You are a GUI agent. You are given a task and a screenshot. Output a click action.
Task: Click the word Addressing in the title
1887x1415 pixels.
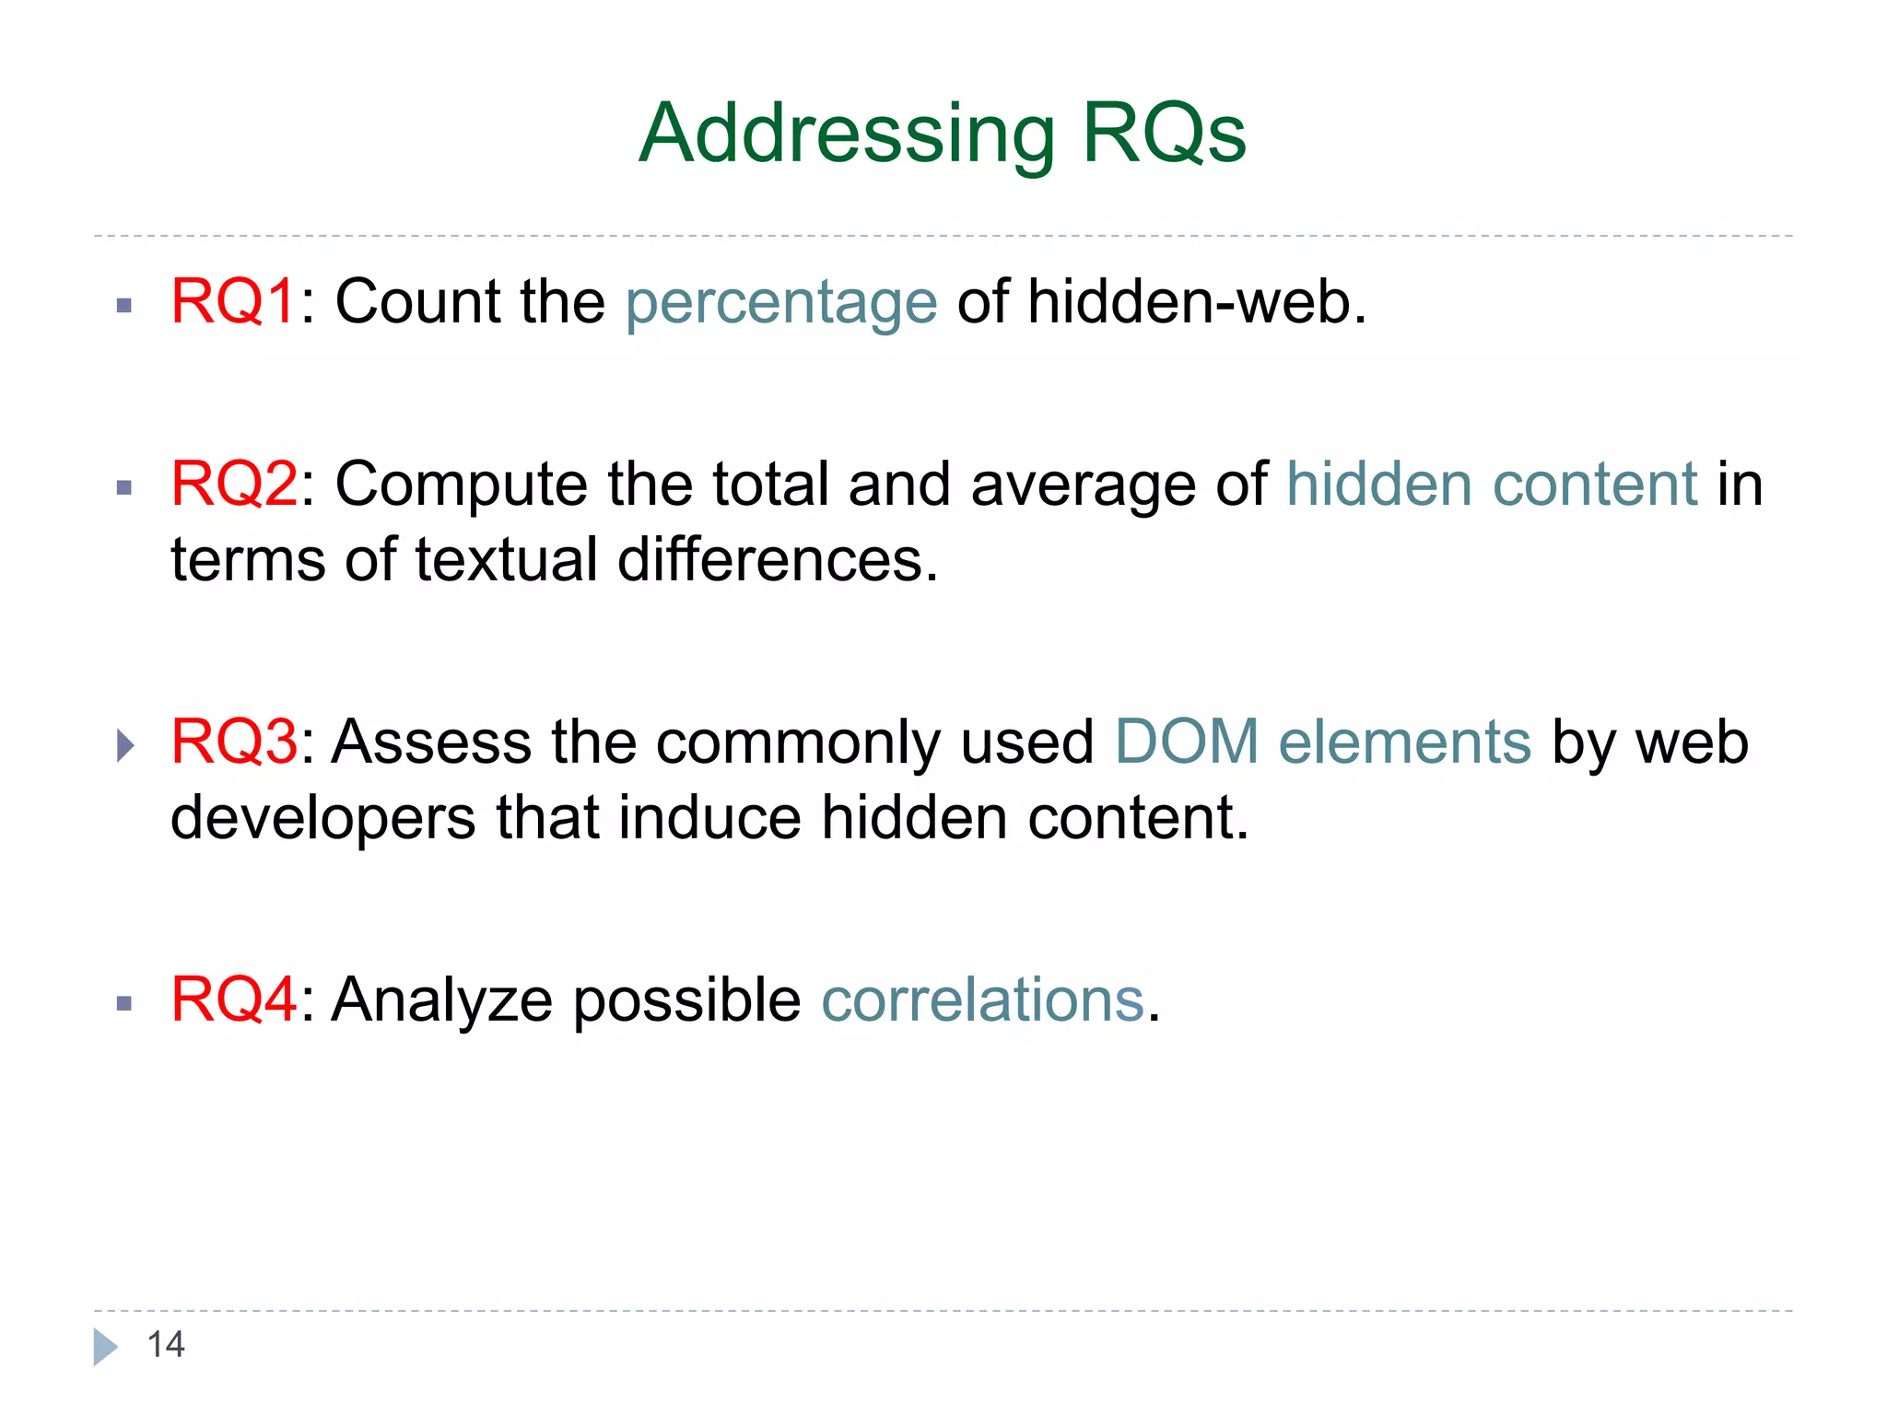846,135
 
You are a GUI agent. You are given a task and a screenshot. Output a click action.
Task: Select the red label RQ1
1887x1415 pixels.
233,301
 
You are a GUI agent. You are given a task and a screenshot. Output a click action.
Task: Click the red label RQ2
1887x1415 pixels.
234,484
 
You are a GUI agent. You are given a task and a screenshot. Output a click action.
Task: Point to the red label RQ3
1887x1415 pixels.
234,742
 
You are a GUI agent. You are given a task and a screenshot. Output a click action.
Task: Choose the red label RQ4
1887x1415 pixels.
234,1000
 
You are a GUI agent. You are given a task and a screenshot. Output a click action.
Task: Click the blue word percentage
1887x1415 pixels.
781,303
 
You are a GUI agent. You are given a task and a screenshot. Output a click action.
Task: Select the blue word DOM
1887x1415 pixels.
1187,742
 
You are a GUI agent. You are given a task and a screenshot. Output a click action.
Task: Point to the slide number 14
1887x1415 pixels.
166,1345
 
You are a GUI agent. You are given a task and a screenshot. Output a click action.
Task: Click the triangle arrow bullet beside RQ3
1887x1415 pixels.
126,744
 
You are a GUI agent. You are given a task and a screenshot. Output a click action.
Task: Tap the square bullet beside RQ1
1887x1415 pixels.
125,306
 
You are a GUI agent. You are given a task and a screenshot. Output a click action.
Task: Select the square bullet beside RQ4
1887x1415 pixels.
125,1004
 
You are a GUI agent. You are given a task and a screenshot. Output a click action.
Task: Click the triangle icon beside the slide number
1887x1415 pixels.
105,1347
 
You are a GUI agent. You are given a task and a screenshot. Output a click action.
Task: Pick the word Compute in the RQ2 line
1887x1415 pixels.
461,485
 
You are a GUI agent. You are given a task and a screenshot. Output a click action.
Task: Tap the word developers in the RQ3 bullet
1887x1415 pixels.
322,818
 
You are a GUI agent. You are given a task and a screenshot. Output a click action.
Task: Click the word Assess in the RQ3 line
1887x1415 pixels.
431,742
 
